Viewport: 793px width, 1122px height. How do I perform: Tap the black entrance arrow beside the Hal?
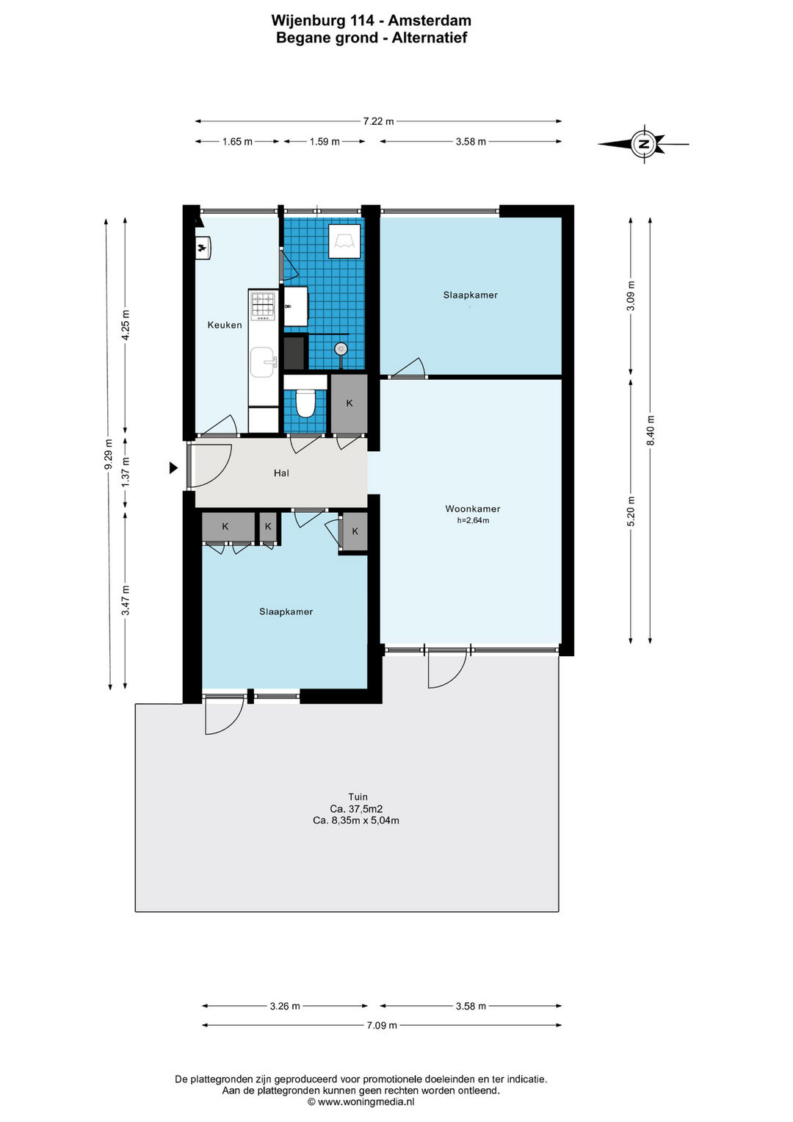click(173, 468)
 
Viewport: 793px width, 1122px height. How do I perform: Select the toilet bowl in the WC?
click(305, 403)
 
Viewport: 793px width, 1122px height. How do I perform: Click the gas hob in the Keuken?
click(264, 306)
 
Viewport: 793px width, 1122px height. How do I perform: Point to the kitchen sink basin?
click(262, 362)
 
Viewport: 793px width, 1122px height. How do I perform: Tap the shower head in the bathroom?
click(341, 348)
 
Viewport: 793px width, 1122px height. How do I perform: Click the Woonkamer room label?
click(473, 509)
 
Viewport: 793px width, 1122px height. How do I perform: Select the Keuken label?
click(225, 325)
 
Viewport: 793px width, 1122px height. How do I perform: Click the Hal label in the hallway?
click(281, 473)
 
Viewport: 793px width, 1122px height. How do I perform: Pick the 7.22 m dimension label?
click(378, 121)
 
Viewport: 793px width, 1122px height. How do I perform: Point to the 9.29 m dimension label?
click(108, 454)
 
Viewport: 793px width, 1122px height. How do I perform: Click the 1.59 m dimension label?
click(325, 142)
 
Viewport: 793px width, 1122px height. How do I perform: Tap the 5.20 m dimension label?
click(631, 511)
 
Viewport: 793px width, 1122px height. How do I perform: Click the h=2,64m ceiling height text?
click(473, 520)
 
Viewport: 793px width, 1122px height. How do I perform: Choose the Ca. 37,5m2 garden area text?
click(356, 808)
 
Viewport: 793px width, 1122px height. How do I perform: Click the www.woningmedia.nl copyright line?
click(361, 1101)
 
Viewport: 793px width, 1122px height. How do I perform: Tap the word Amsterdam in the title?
click(430, 21)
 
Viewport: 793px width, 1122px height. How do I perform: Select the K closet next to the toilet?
click(350, 403)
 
